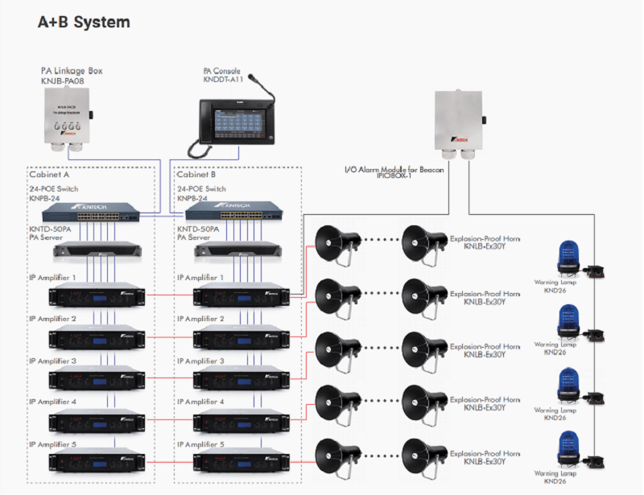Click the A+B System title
point(84,23)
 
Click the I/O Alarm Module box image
point(459,122)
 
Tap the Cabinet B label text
point(198,174)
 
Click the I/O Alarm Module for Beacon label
point(394,171)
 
